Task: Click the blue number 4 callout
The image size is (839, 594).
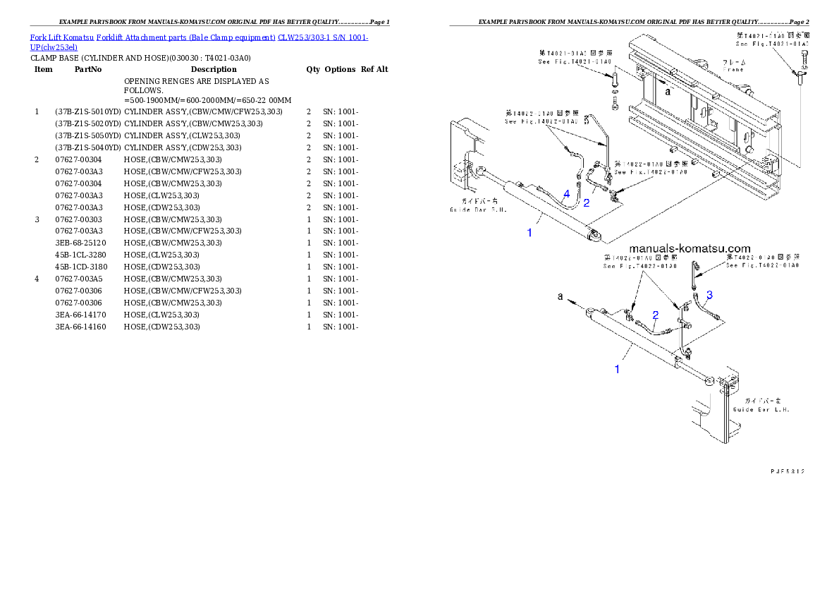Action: [x=566, y=193]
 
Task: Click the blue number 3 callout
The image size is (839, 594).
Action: [x=709, y=295]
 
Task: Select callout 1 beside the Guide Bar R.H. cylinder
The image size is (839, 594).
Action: [x=529, y=232]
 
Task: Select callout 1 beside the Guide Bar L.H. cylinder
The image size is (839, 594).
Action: [x=618, y=369]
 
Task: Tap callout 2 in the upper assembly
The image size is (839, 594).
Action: [x=586, y=203]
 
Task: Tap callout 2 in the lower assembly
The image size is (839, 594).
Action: [x=655, y=315]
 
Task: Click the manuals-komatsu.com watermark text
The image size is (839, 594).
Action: [x=689, y=248]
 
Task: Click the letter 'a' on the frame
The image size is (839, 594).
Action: [x=668, y=91]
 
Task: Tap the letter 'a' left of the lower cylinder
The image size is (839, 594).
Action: [x=561, y=297]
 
